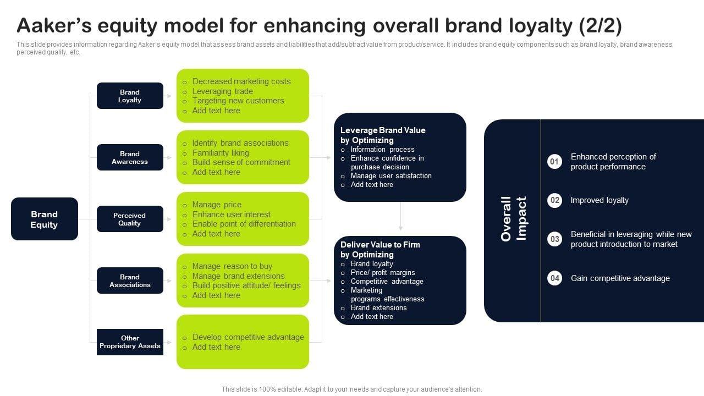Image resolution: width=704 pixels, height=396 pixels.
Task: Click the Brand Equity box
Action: point(45,219)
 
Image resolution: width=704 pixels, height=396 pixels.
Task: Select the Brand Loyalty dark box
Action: point(130,96)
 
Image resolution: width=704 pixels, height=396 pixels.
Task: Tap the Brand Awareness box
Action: point(130,157)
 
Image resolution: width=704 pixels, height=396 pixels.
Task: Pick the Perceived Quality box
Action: point(130,219)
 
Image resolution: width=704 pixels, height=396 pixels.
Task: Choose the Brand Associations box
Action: point(130,280)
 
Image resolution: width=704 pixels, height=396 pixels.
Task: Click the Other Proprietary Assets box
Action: point(130,342)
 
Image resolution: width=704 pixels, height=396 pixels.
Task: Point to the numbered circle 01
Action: point(555,162)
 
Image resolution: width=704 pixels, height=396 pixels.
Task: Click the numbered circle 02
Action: point(555,200)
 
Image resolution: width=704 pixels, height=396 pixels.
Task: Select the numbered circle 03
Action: point(555,239)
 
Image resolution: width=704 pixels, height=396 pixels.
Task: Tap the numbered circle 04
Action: point(555,278)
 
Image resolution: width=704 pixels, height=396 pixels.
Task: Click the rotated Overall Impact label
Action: point(514,218)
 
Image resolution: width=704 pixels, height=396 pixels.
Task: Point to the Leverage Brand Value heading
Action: point(383,135)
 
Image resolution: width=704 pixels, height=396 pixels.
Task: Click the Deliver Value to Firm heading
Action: point(380,250)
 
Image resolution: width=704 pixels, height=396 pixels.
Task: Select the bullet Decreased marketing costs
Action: point(241,81)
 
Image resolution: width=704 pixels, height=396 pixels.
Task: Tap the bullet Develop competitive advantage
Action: point(248,337)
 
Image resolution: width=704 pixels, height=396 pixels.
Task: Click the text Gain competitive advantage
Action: point(620,278)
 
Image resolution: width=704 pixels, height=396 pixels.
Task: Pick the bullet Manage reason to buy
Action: point(232,266)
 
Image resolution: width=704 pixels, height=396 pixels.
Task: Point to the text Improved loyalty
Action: point(599,200)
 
